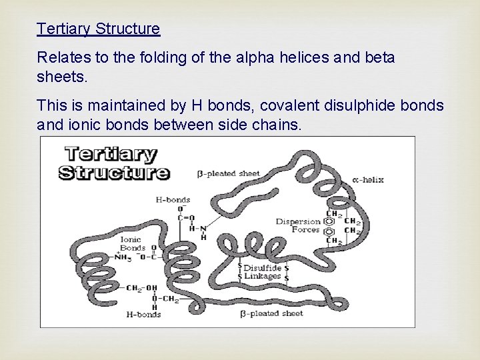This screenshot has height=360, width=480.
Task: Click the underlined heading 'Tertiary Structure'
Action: point(99,29)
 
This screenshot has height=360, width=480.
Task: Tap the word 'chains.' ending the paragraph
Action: point(279,124)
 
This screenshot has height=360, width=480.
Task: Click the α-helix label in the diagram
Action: point(368,179)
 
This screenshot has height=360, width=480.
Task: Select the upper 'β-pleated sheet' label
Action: point(229,174)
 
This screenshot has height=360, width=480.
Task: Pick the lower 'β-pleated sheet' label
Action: point(271,313)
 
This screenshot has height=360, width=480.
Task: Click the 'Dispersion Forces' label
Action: point(297,225)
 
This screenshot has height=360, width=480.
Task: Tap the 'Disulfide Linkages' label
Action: point(262,272)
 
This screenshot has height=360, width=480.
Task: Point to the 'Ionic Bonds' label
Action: point(133,243)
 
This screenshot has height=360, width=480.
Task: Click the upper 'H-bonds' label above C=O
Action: point(173,199)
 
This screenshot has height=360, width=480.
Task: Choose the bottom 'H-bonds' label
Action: point(143,314)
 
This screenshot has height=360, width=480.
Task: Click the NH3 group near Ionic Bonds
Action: point(123,257)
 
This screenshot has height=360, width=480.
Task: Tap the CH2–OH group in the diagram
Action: point(141,288)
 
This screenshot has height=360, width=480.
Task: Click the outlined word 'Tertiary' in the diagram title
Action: point(110,155)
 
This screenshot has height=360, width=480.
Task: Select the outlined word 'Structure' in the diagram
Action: point(114,172)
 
